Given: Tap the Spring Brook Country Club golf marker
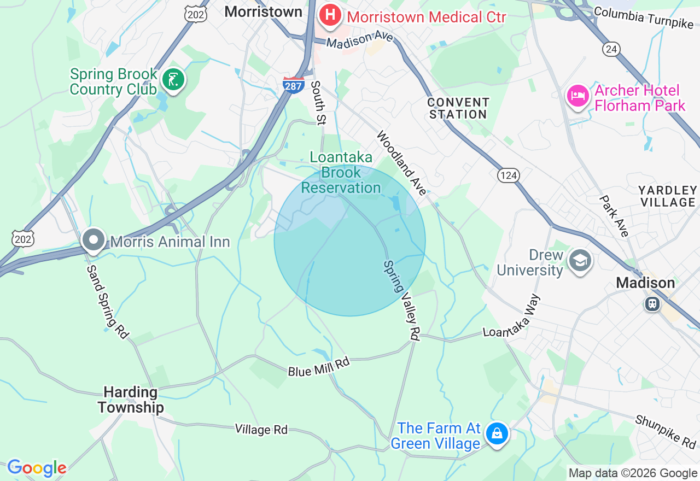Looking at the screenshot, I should [x=173, y=81].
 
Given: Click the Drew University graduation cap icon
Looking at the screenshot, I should [x=580, y=261].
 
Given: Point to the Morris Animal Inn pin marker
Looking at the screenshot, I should [x=94, y=241].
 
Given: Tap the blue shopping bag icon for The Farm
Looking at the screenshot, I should [x=497, y=434].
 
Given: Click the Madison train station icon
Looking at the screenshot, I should [x=652, y=303].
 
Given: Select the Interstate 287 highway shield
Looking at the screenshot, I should [x=294, y=85].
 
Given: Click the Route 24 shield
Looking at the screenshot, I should [x=611, y=49].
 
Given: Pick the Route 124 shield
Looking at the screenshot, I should [x=508, y=175].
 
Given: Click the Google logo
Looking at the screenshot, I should [x=37, y=467].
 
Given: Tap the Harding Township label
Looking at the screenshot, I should [x=130, y=400].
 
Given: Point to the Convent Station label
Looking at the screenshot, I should [x=458, y=108].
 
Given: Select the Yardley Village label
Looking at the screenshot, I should [x=667, y=196].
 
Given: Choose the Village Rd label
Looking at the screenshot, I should [x=261, y=430].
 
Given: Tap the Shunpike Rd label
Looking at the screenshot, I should [x=665, y=430].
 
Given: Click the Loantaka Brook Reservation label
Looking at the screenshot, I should [x=341, y=173].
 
